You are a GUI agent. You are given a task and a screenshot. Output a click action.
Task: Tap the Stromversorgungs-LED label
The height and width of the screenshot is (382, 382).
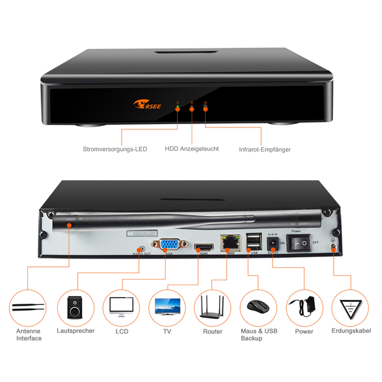coord(115,149)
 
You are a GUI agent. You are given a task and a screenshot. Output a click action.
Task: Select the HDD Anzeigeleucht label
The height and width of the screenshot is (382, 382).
coord(192,149)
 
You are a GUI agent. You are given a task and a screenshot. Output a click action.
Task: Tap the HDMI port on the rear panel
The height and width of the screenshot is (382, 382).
coord(204,246)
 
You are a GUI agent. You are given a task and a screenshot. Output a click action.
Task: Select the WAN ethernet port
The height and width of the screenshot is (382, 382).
coord(229,242)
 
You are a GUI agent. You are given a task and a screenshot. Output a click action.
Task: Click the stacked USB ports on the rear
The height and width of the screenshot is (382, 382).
coord(252,241)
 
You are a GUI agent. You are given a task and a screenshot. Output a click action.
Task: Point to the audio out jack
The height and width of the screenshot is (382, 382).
coord(141,248)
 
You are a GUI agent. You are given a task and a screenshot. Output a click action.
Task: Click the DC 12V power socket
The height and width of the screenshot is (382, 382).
coord(272,243)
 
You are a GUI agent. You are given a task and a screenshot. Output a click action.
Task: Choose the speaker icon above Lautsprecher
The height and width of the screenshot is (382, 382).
coord(75,308)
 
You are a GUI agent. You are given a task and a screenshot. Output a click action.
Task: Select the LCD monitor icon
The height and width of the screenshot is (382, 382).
coord(122,308)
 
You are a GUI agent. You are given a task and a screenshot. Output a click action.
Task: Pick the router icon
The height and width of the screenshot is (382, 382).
coord(213,308)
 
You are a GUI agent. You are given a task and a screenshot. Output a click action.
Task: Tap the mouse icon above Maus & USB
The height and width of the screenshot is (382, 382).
coord(258,308)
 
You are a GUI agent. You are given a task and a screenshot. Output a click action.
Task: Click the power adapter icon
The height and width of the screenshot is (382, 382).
coord(304,308)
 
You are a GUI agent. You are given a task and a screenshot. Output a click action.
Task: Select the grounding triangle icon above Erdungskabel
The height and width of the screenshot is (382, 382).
coord(350,308)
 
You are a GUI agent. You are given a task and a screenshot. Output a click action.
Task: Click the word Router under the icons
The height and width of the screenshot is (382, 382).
coord(213,332)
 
